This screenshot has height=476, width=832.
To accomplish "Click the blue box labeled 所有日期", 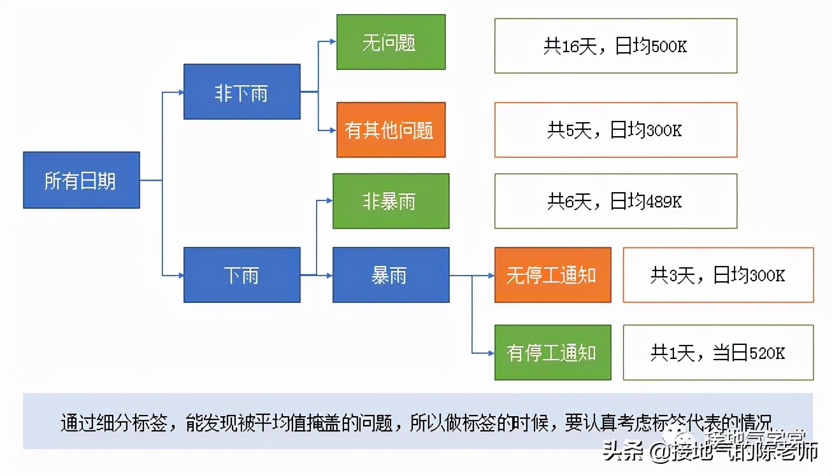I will point(81,180).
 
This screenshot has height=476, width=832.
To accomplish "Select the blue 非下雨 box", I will point(241,92).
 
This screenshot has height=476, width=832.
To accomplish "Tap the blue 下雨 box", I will point(241,275).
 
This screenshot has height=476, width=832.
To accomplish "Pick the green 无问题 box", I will point(391,42).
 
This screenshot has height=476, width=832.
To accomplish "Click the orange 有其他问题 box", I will point(391,130).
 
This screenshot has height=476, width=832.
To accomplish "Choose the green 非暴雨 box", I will point(391,201).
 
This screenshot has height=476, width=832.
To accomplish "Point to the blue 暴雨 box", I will point(391,275).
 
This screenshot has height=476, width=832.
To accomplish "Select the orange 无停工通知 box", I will point(552,275).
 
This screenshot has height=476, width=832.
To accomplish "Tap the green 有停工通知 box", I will point(552,353).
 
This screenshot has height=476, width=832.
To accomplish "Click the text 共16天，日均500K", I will point(615,46).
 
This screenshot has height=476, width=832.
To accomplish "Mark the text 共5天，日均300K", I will point(615,130).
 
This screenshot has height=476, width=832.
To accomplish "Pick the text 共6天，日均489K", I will point(615,201).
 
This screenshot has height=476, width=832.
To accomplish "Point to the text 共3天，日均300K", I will point(718,275).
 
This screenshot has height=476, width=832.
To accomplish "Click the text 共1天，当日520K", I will point(718,353).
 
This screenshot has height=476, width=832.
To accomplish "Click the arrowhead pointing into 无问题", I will point(333,42).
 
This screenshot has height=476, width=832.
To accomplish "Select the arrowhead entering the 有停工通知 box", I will point(491,353).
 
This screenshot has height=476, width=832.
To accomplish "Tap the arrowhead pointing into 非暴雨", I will point(329,200).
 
